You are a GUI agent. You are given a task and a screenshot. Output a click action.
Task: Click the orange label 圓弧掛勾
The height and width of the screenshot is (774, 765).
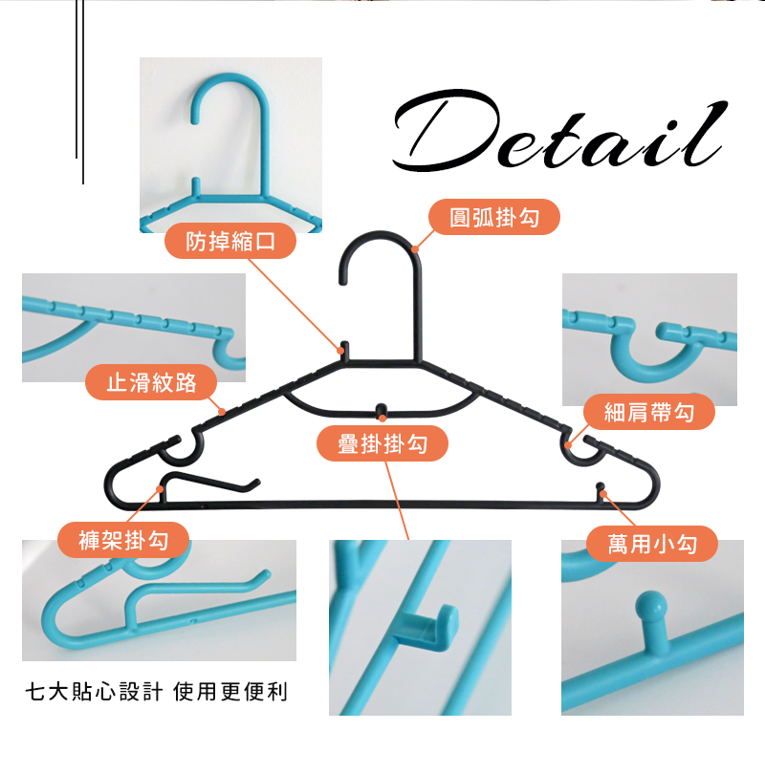pyautogui.click(x=493, y=217)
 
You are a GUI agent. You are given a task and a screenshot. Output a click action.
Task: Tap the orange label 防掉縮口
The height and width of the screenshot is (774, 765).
pyautogui.click(x=230, y=241)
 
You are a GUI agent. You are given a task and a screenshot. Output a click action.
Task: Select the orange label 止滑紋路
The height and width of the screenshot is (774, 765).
pyautogui.click(x=151, y=382)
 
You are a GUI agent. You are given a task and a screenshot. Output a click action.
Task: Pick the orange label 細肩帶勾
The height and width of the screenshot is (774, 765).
pyautogui.click(x=649, y=412)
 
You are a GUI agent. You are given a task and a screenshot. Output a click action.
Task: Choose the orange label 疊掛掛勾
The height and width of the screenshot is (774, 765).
pyautogui.click(x=382, y=443)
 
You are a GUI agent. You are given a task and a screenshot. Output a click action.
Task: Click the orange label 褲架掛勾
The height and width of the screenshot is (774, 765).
pyautogui.click(x=123, y=540)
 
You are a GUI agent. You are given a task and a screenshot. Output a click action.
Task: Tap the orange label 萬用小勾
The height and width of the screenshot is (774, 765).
pyautogui.click(x=652, y=544)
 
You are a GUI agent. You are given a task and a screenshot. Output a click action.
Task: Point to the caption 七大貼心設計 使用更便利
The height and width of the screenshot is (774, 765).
pyautogui.click(x=156, y=692)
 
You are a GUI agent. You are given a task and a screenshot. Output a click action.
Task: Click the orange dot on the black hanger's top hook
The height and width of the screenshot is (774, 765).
pyautogui.click(x=415, y=249)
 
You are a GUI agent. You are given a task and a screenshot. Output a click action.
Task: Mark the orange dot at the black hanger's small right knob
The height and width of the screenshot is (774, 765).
pyautogui.click(x=602, y=493)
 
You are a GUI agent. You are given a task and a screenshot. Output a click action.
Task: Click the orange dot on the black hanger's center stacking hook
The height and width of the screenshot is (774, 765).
pyautogui.click(x=382, y=419)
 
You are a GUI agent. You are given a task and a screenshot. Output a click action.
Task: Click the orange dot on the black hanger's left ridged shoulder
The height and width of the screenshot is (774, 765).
pyautogui.click(x=222, y=412)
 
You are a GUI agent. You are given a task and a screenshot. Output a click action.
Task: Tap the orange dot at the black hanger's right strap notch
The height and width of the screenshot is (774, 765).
pyautogui.click(x=568, y=445)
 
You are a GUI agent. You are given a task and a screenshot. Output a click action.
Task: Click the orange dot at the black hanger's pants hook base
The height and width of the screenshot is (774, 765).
pyautogui.click(x=160, y=488)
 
